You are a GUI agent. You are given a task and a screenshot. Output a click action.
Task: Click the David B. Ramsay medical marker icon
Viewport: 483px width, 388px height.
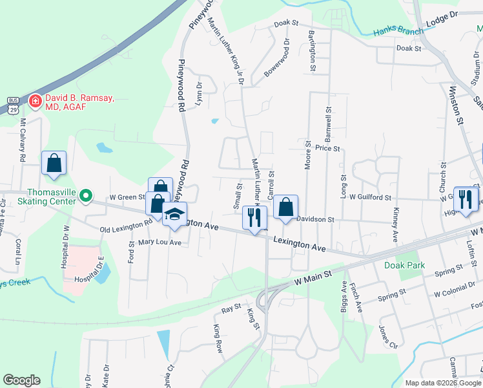(x=35, y=102)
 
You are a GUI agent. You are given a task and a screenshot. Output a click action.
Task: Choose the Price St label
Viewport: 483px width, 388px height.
(x=327, y=148)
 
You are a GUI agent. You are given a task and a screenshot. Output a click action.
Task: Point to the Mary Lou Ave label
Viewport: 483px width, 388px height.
(x=159, y=243)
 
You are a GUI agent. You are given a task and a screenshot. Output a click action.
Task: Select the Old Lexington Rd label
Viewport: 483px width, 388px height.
(x=125, y=224)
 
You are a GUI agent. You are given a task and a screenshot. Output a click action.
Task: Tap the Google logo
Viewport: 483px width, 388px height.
(x=21, y=380)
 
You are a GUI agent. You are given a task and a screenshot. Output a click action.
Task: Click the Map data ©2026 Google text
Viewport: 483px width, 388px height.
(x=442, y=383)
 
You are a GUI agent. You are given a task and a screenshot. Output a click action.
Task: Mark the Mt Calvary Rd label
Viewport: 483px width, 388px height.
(x=23, y=140)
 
